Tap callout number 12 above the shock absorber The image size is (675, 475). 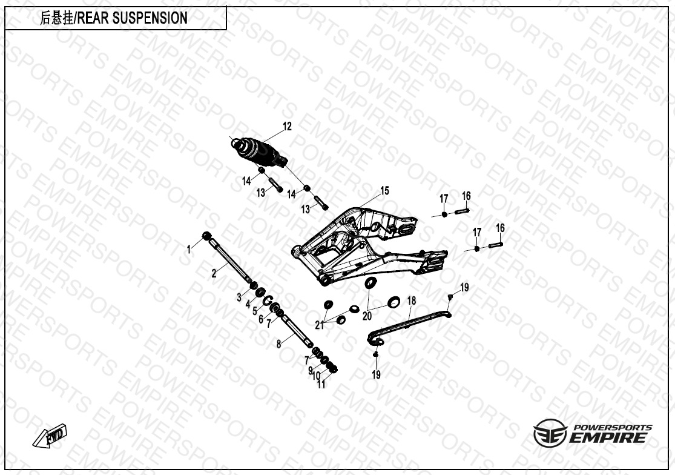click(287, 127)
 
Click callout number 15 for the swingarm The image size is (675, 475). click(384, 191)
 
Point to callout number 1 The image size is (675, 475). click(188, 249)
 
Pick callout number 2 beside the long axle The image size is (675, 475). click(214, 273)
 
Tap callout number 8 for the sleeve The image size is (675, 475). click(278, 344)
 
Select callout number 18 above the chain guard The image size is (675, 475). click(411, 301)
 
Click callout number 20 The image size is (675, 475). click(367, 316)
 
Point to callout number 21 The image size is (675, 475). click(320, 325)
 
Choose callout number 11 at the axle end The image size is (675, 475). click(321, 384)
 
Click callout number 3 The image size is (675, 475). click(239, 297)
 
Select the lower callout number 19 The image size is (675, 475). click(376, 375)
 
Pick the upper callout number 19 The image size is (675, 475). click(464, 288)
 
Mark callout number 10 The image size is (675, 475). click(315, 376)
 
